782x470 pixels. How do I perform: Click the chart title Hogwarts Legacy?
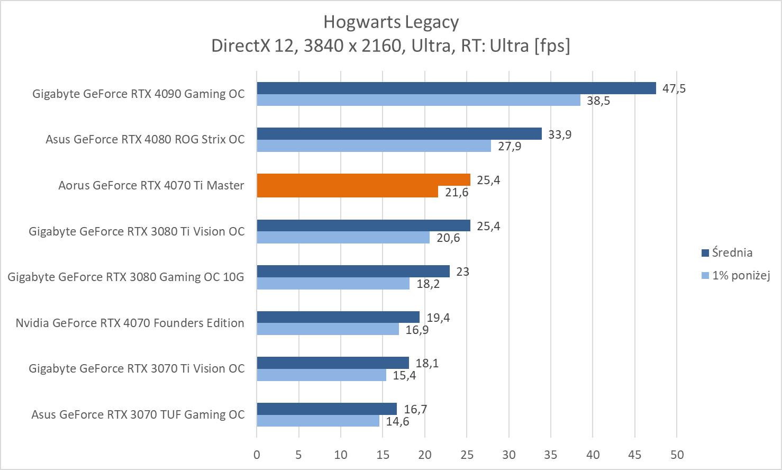[390, 22]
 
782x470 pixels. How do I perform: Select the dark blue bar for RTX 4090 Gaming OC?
[456, 88]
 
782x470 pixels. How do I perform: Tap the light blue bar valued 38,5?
[419, 100]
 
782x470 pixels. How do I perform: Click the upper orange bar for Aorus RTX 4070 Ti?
[363, 180]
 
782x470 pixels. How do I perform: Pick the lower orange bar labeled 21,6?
[348, 192]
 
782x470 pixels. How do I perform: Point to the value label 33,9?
[560, 134]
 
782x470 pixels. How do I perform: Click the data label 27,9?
[509, 146]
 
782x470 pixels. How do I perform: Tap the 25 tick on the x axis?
[467, 454]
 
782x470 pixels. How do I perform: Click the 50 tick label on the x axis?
[677, 454]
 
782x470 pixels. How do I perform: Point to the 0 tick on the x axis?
[257, 454]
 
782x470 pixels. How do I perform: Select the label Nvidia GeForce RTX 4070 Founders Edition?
[130, 323]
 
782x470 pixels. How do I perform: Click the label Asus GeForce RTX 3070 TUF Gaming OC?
[138, 414]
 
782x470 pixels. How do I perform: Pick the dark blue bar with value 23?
[353, 272]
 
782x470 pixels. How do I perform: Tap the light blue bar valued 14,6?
[318, 421]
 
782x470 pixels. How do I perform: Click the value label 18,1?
[427, 363]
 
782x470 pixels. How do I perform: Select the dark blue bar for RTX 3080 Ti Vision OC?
[363, 226]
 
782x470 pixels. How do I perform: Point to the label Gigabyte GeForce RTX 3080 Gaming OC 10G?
[126, 277]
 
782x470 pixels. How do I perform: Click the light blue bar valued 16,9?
[328, 329]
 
